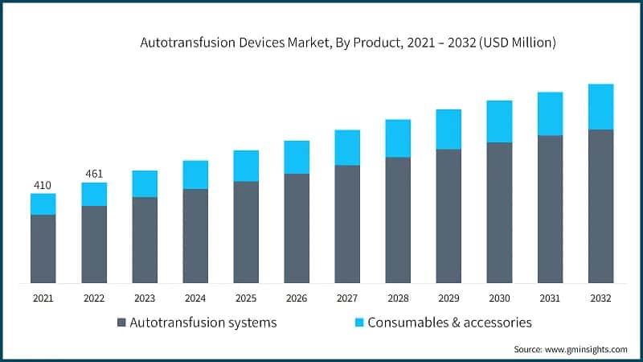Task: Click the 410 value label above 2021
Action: pyautogui.click(x=43, y=186)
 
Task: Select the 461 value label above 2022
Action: pyautogui.click(x=93, y=174)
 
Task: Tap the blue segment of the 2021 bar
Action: pyautogui.click(x=43, y=204)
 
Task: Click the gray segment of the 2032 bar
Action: pyautogui.click(x=600, y=206)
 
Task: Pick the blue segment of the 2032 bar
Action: pyautogui.click(x=600, y=106)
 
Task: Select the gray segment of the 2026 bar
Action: pyautogui.click(x=297, y=228)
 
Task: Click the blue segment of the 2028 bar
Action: pyautogui.click(x=398, y=138)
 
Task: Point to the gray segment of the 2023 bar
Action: pyautogui.click(x=145, y=240)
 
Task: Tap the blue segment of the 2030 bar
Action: pyautogui.click(x=499, y=121)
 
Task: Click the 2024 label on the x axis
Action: pyautogui.click(x=195, y=298)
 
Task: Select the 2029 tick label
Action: pyautogui.click(x=448, y=298)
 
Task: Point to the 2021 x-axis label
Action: pyautogui.click(x=43, y=298)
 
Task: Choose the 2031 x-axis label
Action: pyautogui.click(x=550, y=298)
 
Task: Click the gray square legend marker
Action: pyautogui.click(x=121, y=323)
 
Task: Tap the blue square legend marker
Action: pyautogui.click(x=360, y=323)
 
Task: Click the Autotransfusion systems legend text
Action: pyautogui.click(x=203, y=323)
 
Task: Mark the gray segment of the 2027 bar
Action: pyautogui.click(x=347, y=224)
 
